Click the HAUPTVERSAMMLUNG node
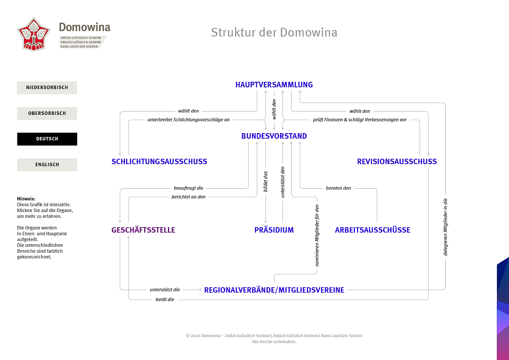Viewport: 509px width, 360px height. [x=274, y=85]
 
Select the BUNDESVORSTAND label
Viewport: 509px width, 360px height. [x=274, y=136]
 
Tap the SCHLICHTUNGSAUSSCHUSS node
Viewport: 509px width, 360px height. [x=159, y=162]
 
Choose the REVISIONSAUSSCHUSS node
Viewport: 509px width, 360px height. [x=397, y=162]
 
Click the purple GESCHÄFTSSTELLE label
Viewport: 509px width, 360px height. [x=143, y=230]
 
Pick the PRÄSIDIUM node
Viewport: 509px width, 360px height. [x=274, y=230]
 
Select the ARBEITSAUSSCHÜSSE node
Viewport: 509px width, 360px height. [x=373, y=230]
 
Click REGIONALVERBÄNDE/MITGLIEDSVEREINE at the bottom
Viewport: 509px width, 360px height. [x=274, y=290]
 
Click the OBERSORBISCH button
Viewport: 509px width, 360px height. [x=47, y=113]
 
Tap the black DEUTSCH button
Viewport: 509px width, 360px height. [x=47, y=139]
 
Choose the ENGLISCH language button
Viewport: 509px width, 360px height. [x=47, y=165]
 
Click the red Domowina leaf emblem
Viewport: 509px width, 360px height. [x=34, y=34]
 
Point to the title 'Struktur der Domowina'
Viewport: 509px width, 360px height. [x=274, y=32]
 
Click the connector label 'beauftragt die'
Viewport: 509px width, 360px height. [x=189, y=188]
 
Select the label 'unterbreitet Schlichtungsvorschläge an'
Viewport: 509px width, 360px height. [x=189, y=120]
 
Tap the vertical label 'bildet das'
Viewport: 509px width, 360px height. [x=266, y=181]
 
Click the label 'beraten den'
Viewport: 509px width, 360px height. [x=338, y=188]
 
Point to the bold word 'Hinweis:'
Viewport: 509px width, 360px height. [x=26, y=199]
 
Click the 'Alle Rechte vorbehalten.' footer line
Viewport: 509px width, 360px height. [x=274, y=342]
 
